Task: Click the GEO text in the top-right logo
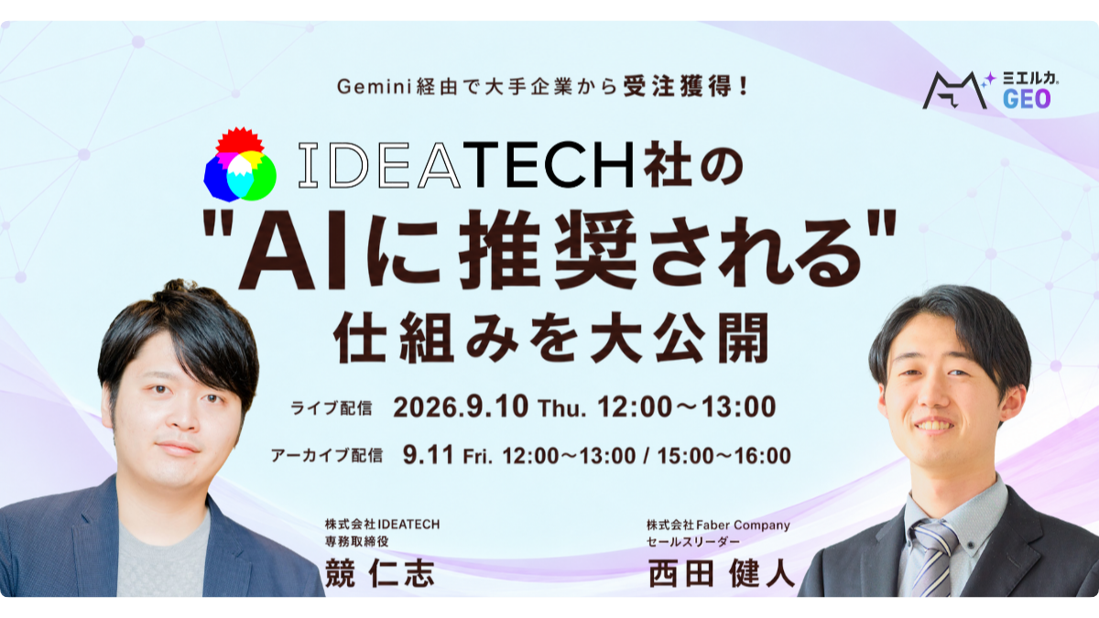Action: tap(1027, 99)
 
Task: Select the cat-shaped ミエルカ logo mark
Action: tap(954, 91)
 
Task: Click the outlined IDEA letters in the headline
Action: tap(379, 165)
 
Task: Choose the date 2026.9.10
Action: tap(461, 407)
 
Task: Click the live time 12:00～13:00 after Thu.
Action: tap(687, 407)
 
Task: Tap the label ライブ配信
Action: tap(332, 408)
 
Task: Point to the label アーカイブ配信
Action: tap(327, 456)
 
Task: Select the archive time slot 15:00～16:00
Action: tap(724, 456)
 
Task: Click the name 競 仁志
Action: tap(380, 573)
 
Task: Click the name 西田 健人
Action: tap(722, 573)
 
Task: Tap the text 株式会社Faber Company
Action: tap(718, 526)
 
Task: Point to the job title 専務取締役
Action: tap(356, 541)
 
